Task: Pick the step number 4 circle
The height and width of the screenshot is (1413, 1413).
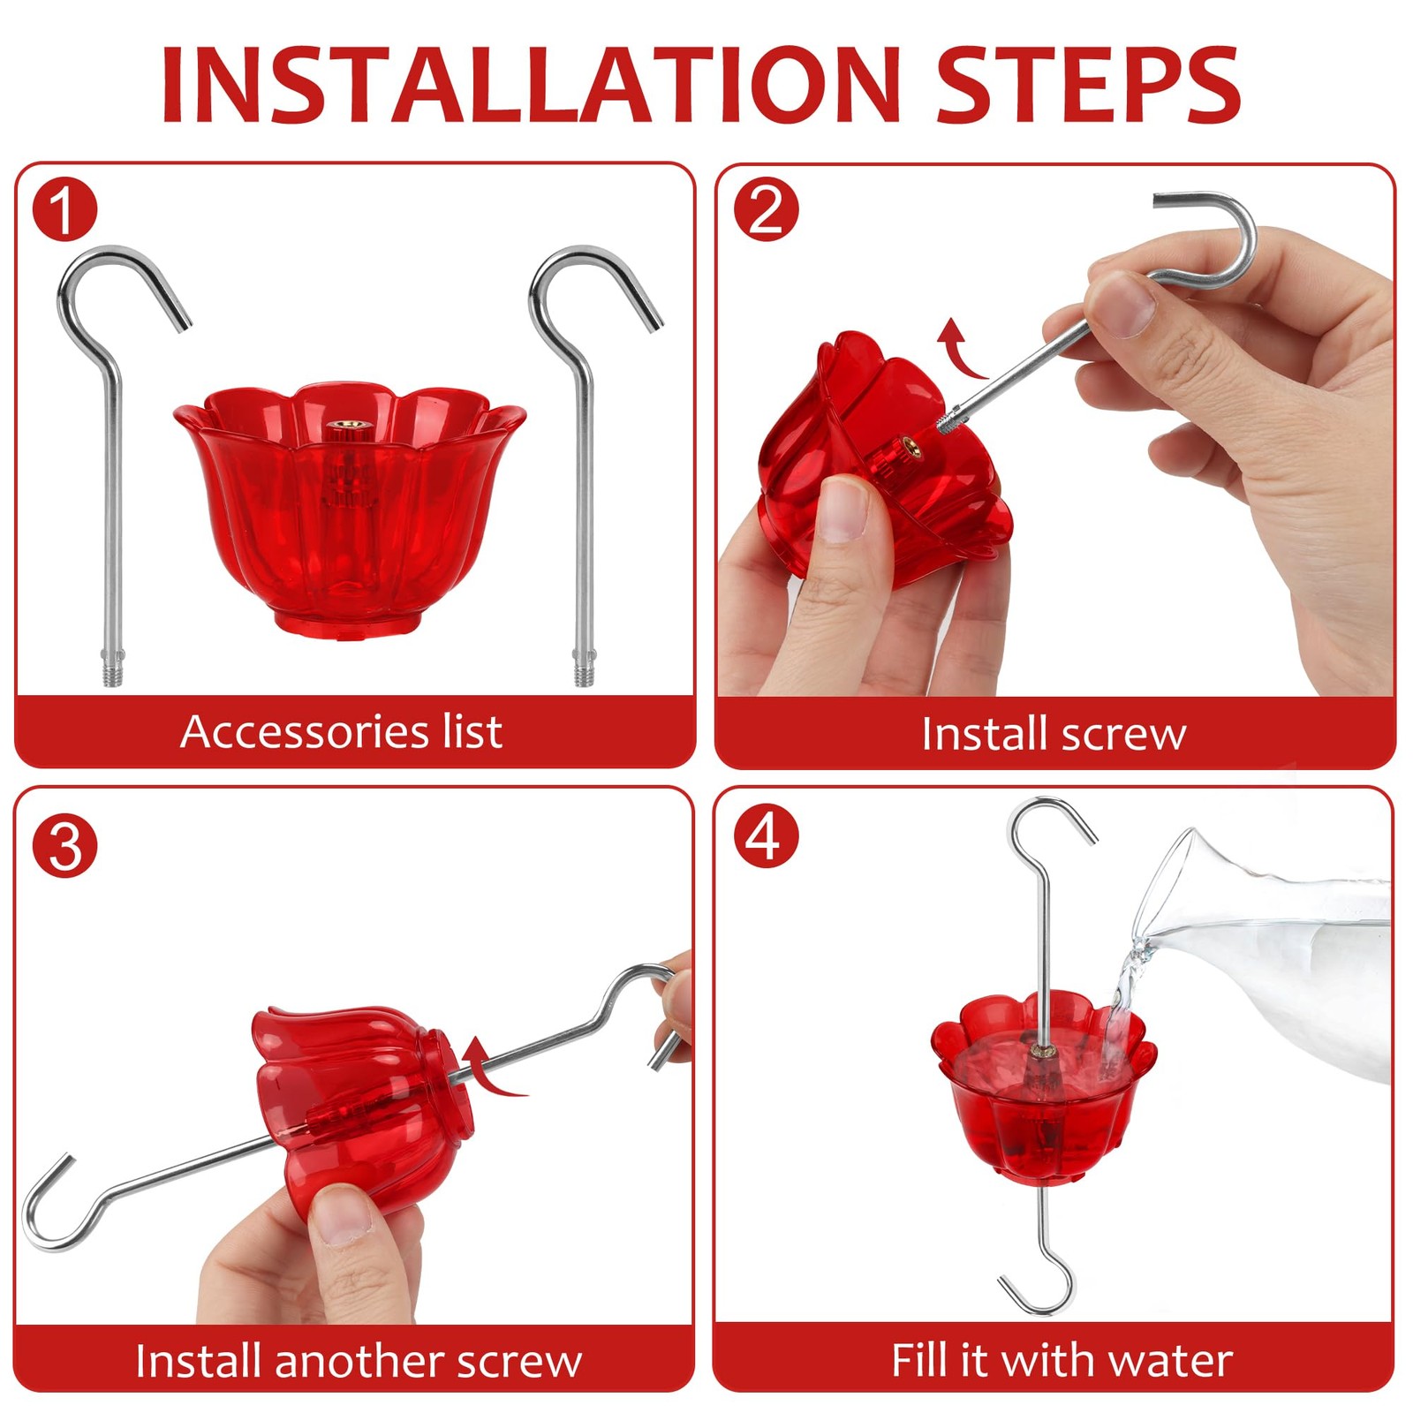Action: [x=766, y=835]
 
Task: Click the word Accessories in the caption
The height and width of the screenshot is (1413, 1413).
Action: [x=305, y=731]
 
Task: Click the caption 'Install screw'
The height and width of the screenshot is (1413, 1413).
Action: [x=1054, y=734]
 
